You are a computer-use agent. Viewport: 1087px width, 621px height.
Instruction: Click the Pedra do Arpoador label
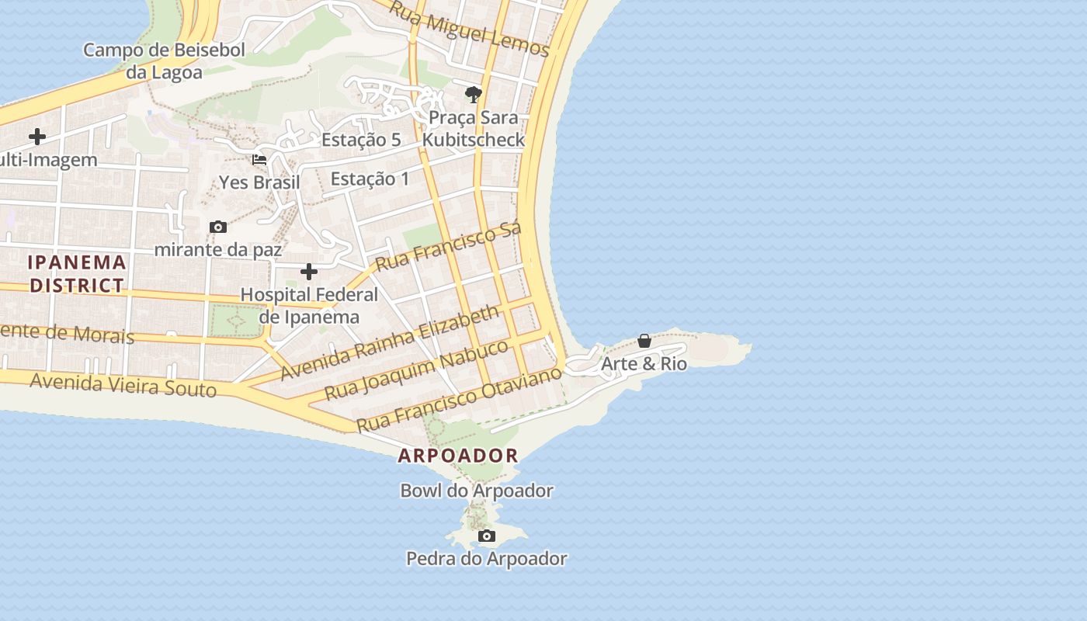[x=487, y=558]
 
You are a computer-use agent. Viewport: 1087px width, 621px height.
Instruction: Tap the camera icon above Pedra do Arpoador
[x=487, y=536]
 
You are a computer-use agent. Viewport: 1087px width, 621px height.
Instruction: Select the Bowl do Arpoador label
[x=477, y=491]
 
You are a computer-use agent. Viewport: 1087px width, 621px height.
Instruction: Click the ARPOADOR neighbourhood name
[x=458, y=456]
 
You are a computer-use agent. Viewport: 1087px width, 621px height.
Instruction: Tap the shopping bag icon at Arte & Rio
[x=644, y=341]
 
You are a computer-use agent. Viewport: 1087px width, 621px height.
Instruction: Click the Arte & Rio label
[x=644, y=363]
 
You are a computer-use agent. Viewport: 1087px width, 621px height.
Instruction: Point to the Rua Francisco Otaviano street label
[x=459, y=400]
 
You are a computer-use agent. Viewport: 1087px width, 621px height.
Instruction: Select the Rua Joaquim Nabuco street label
[x=416, y=369]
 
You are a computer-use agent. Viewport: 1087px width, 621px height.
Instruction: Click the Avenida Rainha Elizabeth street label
[x=390, y=342]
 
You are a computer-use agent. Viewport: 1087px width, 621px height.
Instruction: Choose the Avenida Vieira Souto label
[x=123, y=384]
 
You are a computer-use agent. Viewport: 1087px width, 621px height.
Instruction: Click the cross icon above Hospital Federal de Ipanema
[x=309, y=272]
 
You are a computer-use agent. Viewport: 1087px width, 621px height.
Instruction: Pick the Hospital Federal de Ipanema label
[x=309, y=306]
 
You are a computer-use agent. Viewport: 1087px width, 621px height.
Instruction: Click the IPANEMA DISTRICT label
[x=76, y=273]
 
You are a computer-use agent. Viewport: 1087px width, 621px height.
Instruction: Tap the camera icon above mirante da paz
[x=218, y=227]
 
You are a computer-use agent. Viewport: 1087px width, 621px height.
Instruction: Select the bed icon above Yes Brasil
[x=259, y=160]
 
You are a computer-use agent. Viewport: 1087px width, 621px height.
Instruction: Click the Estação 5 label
[x=361, y=140]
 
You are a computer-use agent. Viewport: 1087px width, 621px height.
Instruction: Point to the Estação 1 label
[x=370, y=179]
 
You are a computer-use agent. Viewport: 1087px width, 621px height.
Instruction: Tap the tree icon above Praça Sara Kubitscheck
[x=473, y=95]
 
